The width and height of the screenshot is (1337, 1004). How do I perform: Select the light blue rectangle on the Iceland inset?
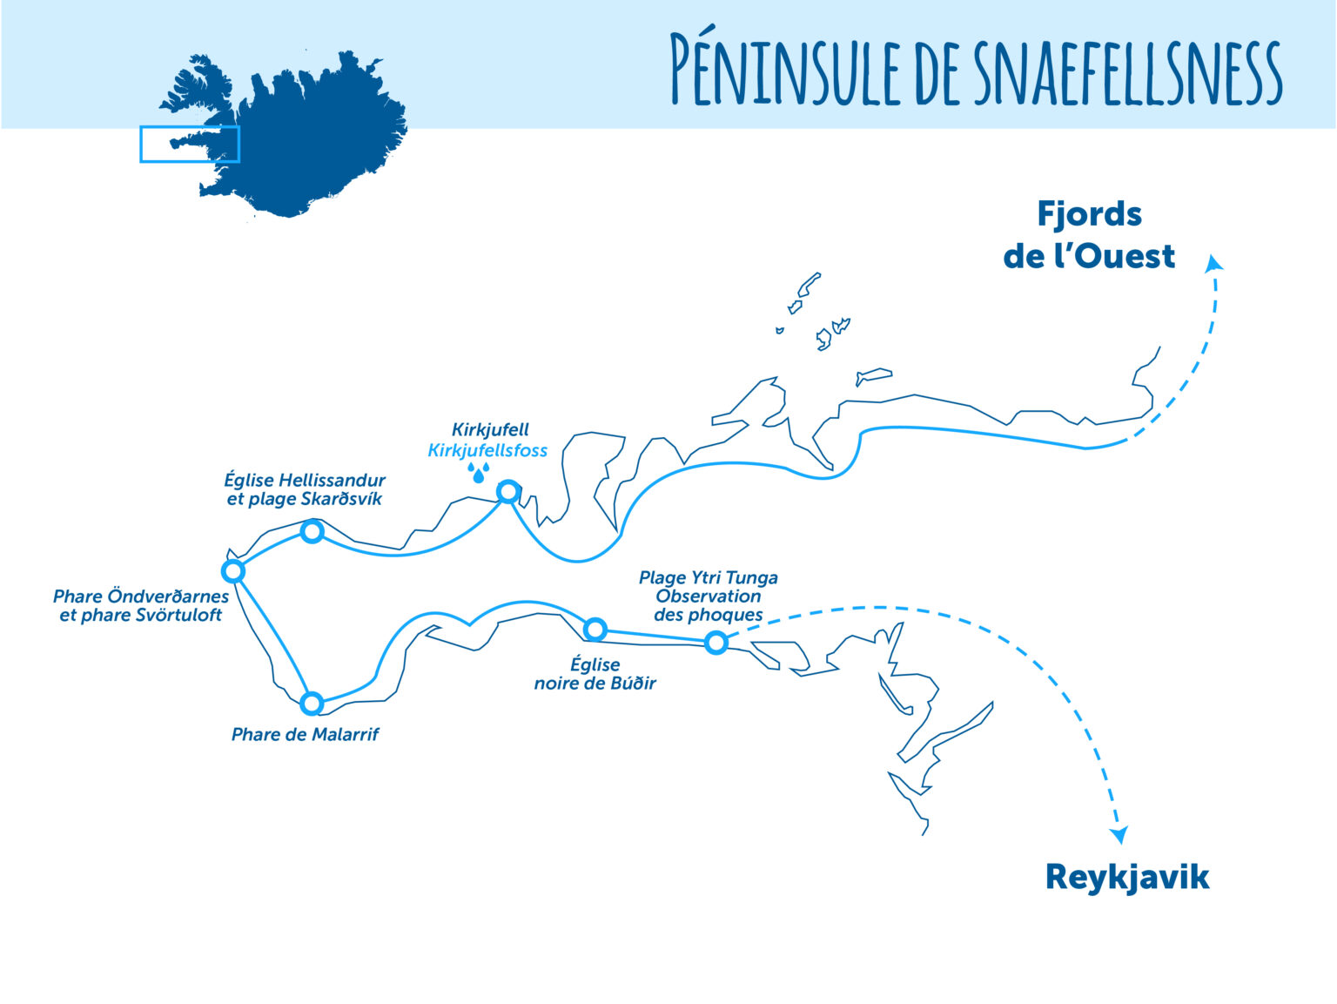pyautogui.click(x=190, y=144)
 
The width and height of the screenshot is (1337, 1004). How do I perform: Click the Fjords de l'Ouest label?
pyautogui.click(x=1089, y=235)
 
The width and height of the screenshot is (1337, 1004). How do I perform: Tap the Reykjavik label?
pyautogui.click(x=1127, y=877)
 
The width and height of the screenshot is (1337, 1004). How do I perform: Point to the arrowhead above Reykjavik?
pyautogui.click(x=1119, y=835)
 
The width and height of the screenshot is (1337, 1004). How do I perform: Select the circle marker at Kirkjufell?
pyautogui.click(x=507, y=492)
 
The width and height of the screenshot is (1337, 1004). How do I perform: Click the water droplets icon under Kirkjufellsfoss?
pyautogui.click(x=479, y=473)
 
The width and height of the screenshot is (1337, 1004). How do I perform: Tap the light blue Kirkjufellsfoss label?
pyautogui.click(x=487, y=450)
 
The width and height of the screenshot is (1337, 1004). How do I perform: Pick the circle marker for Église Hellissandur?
pyautogui.click(x=312, y=531)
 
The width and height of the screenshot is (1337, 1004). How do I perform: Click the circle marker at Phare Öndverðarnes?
pyautogui.click(x=232, y=571)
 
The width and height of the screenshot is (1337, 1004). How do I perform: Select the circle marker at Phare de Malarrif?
pyautogui.click(x=311, y=704)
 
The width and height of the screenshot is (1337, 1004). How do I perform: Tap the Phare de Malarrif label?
pyautogui.click(x=305, y=734)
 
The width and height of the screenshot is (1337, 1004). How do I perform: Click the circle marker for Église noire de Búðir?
pyautogui.click(x=595, y=629)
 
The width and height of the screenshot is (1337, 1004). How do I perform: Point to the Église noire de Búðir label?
pyautogui.click(x=595, y=674)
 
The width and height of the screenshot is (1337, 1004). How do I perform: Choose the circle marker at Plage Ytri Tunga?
pyautogui.click(x=716, y=643)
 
